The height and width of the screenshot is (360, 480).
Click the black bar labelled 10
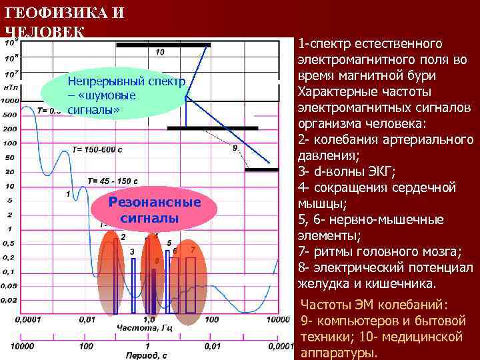coord(163,45)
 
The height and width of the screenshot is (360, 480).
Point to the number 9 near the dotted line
coord(235,147)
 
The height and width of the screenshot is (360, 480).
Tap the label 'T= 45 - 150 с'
coord(113,181)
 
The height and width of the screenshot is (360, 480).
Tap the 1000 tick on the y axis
coord(10,101)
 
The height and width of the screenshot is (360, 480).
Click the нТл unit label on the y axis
coord(10,87)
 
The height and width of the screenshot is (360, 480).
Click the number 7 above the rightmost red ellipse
coord(193,249)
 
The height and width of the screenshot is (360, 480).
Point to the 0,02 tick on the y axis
coord(10,300)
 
